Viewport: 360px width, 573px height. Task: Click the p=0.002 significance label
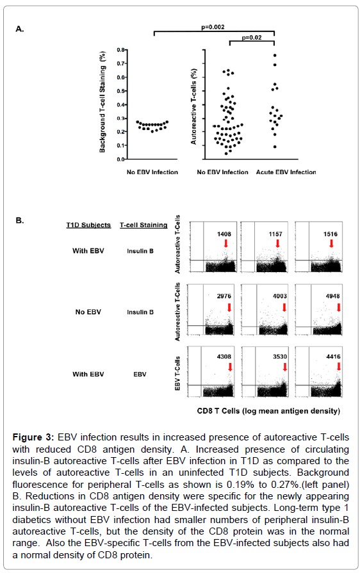213,27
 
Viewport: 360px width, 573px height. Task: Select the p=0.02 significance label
252,37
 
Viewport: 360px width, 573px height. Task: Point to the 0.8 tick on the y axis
121,50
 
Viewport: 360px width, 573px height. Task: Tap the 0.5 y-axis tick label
121,91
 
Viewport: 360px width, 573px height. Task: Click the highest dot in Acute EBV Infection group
275,56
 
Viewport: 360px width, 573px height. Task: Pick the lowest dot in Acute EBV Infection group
275,147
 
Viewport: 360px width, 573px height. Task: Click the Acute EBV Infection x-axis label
286,172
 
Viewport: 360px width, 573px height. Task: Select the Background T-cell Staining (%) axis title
102,102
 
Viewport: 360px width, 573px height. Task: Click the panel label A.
20,29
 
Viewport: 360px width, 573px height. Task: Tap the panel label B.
20,220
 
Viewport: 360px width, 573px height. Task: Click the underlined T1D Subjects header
88,225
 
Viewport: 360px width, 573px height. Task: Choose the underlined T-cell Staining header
143,225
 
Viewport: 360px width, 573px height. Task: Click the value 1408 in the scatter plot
224,234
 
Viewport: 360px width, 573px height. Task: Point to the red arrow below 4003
284,307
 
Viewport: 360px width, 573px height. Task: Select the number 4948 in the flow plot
332,296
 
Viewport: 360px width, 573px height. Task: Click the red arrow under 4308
230,367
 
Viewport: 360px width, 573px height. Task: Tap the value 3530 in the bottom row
280,357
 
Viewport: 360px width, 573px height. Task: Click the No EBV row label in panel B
88,312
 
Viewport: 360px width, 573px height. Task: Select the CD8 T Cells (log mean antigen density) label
268,411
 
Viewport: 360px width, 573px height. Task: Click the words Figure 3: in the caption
33,437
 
